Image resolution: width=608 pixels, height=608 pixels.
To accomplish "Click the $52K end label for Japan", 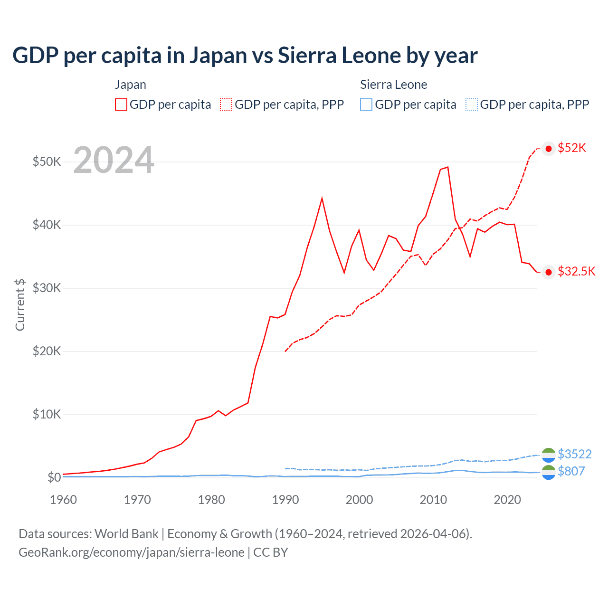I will point(572,148).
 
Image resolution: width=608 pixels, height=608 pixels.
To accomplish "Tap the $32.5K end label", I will point(576,272).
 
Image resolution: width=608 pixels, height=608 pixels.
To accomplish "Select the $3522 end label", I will point(575,455).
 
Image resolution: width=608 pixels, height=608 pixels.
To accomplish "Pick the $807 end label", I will point(571,471).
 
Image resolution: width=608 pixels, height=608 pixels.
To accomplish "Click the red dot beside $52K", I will point(549,149).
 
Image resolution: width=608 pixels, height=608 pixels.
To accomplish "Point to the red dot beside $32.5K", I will point(549,272).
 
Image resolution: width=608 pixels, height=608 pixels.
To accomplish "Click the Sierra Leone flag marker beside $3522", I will point(549,455).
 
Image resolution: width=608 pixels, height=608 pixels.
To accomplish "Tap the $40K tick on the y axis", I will point(47,225).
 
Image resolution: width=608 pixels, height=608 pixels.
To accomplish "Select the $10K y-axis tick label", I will point(47,414).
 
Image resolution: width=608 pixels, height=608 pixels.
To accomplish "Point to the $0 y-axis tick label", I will point(54,477).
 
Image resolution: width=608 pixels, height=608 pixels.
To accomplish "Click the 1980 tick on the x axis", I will point(211,500).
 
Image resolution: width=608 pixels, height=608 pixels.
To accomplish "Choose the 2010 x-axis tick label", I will point(433,500).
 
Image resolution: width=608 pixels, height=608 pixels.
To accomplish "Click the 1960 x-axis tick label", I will point(63,500).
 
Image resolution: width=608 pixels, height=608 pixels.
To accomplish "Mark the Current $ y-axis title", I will point(20,305).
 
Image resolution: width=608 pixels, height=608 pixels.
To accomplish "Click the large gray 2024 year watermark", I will point(114,160).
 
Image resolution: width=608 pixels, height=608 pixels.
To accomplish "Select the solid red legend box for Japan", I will point(121,104).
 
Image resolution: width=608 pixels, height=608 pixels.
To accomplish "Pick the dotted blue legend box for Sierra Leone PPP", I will point(472,104).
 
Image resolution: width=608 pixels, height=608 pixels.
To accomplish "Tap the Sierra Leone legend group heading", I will point(393,85).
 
